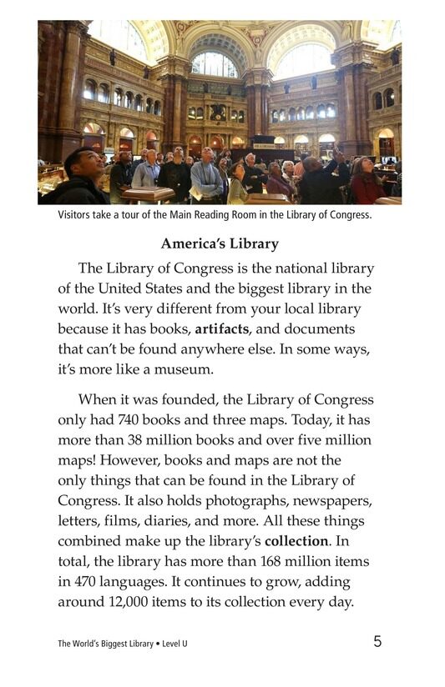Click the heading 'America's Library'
pos(220,244)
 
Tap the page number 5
pos(377,641)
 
